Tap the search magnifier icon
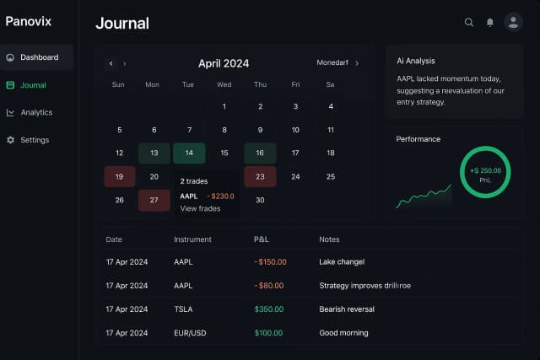tap(469, 23)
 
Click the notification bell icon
tap(490, 23)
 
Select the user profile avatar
tap(513, 22)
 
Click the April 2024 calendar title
tap(224, 63)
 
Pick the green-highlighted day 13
tap(154, 153)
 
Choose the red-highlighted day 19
tap(119, 177)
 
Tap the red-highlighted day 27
tap(154, 201)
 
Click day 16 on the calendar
tap(260, 153)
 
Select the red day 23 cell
tap(260, 177)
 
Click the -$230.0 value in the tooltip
tap(220, 196)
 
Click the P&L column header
tap(262, 239)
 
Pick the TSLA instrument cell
tap(183, 309)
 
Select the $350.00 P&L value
tap(268, 309)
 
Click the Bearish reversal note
tap(347, 309)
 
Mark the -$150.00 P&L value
tap(270, 262)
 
